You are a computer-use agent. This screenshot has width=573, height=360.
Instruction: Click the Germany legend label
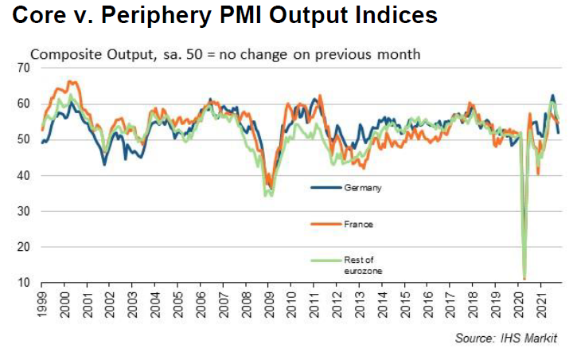click(363, 188)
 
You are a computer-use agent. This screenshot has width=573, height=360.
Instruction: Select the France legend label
click(359, 225)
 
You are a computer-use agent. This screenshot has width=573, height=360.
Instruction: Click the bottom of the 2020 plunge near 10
click(524, 278)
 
